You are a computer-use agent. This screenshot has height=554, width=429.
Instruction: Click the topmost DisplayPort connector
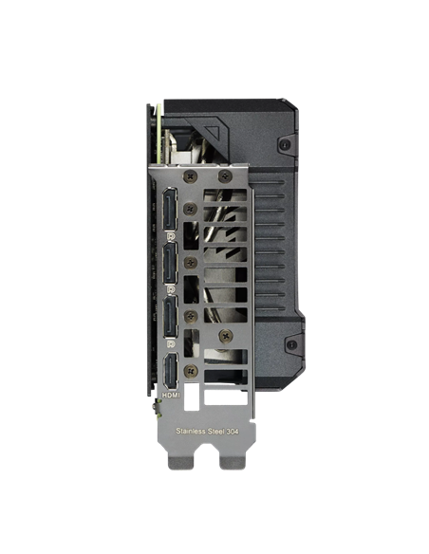[170, 209]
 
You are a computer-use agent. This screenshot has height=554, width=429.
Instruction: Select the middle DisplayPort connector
[170, 263]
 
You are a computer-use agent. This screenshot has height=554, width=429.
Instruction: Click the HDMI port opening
[171, 371]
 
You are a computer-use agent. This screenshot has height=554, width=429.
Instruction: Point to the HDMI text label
[171, 395]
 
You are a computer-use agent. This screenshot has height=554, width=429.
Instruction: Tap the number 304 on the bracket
[233, 432]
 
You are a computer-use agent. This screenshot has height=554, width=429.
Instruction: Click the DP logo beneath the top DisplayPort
[171, 236]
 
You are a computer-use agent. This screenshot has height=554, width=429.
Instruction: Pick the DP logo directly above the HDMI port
[171, 343]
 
